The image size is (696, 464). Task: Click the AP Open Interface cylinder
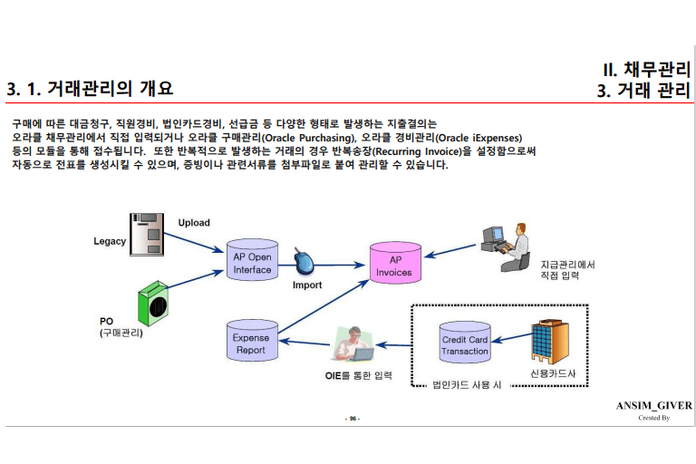pyautogui.click(x=252, y=263)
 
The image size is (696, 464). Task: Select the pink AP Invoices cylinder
pyautogui.click(x=393, y=266)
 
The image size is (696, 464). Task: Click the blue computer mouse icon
pyautogui.click(x=306, y=265)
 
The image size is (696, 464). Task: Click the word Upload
pyautogui.click(x=194, y=223)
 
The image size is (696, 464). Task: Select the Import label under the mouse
pyautogui.click(x=307, y=285)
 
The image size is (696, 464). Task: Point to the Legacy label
pyautogui.click(x=110, y=241)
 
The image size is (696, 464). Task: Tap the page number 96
pyautogui.click(x=353, y=419)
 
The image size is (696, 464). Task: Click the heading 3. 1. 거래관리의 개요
pyautogui.click(x=89, y=89)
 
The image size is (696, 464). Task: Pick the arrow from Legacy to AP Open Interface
pyautogui.click(x=198, y=240)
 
